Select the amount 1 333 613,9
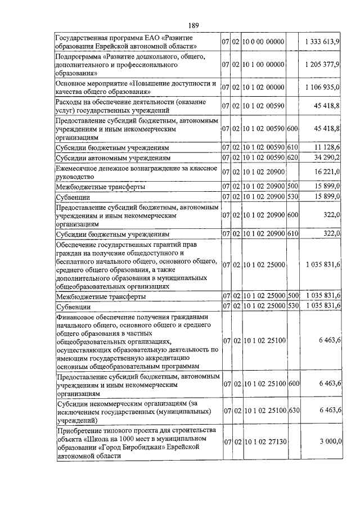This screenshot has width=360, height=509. pos(322,42)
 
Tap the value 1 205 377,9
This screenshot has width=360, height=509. pos(322,65)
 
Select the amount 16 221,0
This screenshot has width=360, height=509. pos(327,172)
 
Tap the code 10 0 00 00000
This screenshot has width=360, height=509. pos(264,42)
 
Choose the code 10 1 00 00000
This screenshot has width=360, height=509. pos(264,65)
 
